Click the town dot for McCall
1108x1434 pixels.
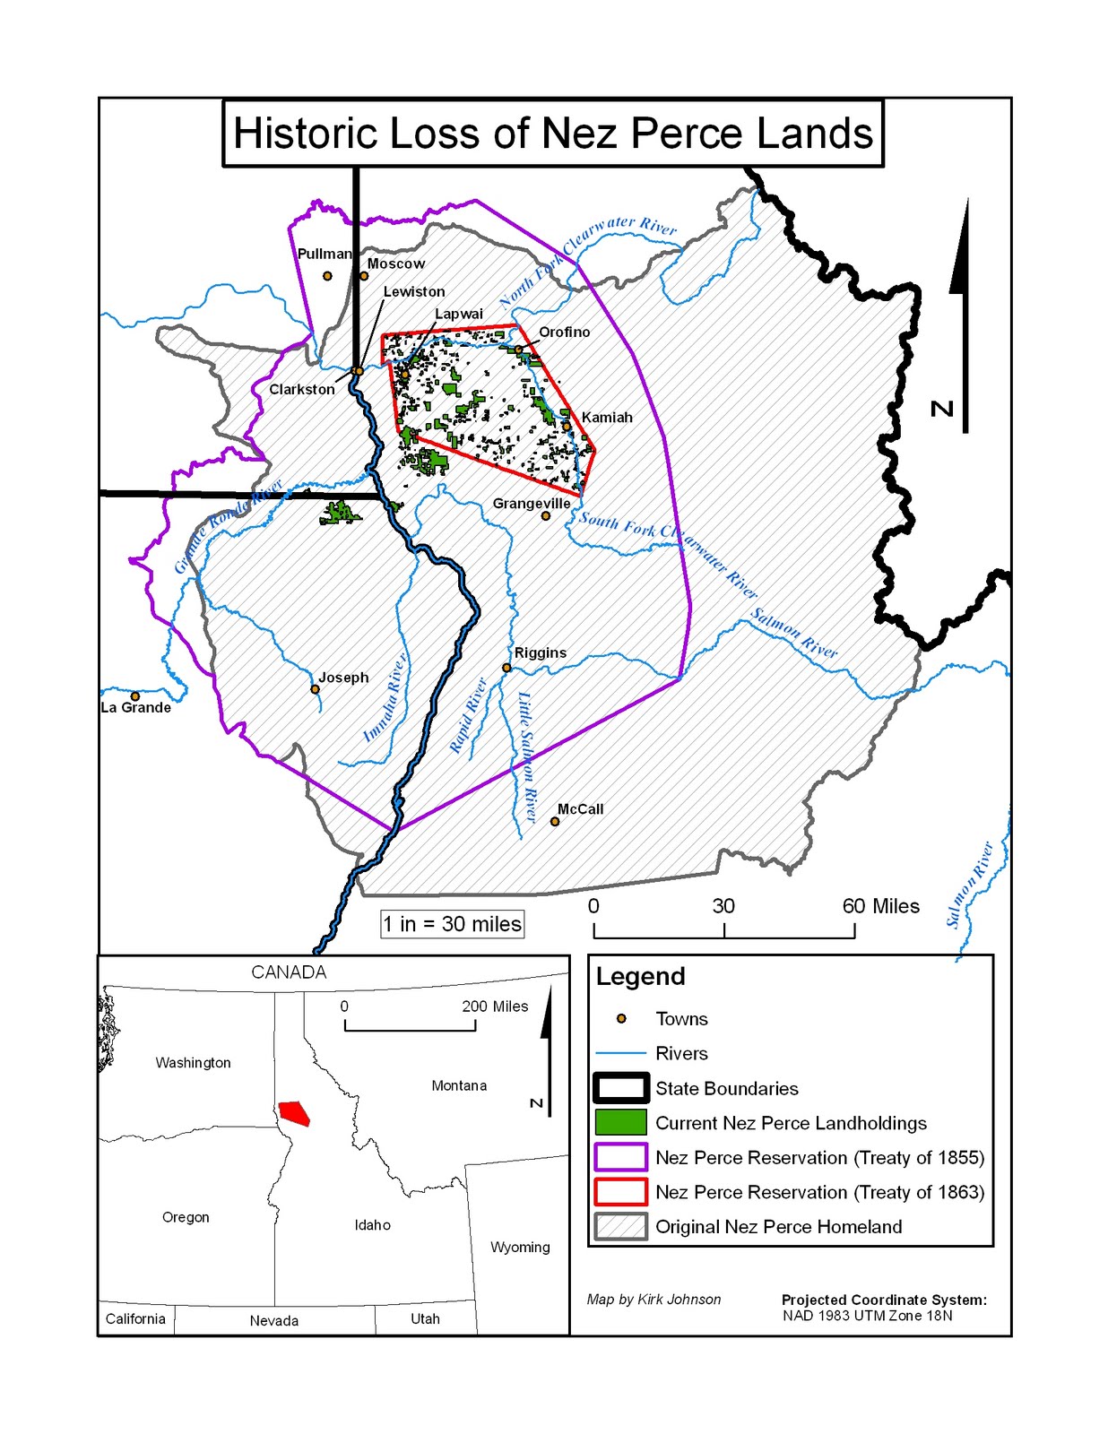[x=555, y=821]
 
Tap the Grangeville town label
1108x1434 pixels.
[x=531, y=504]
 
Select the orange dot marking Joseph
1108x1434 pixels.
[x=315, y=689]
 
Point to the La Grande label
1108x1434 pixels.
[x=135, y=708]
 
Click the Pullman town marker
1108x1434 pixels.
[x=327, y=276]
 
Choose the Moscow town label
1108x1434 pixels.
[x=395, y=263]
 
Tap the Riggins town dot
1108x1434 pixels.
[x=506, y=668]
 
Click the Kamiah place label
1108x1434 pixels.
[x=607, y=418]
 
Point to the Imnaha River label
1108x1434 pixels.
[x=385, y=697]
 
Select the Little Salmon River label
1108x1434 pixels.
[x=526, y=757]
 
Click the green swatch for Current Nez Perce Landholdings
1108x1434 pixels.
[x=619, y=1122]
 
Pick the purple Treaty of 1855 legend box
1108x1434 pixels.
[x=619, y=1157]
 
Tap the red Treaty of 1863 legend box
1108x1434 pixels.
[x=619, y=1192]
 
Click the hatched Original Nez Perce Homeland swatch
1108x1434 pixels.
[x=619, y=1226]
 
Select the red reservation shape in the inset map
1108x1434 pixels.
[x=294, y=1113]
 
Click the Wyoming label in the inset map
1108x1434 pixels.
[x=520, y=1247]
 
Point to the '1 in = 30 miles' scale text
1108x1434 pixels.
[x=452, y=924]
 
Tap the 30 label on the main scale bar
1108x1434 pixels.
[x=723, y=906]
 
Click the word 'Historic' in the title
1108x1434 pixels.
[x=305, y=134]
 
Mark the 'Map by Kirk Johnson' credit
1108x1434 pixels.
[x=654, y=1300]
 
